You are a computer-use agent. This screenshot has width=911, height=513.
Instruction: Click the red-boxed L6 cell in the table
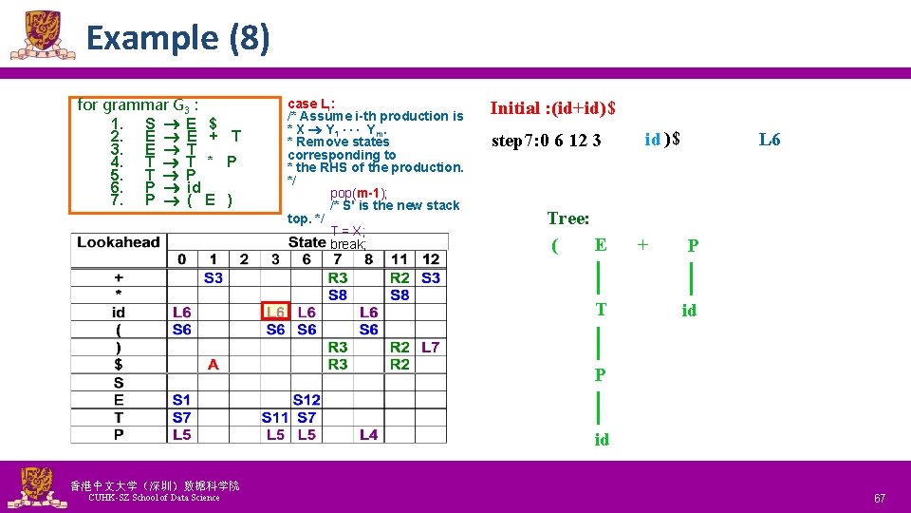coord(275,313)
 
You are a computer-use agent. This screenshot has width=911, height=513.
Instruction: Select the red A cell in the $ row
coord(214,364)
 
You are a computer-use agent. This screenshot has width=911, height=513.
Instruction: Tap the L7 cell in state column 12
coord(430,347)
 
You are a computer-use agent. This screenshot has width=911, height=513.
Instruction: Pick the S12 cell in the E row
coord(307,400)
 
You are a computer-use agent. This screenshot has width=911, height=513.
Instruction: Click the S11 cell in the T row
coord(275,417)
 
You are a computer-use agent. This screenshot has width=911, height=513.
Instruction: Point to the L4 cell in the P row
coord(368,434)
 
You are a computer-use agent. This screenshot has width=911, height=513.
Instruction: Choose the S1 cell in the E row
coord(182,400)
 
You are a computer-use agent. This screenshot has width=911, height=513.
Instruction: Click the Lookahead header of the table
coord(119,242)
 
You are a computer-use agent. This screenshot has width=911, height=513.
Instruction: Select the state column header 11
coord(400,259)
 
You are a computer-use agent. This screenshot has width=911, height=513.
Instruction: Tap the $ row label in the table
coord(119,364)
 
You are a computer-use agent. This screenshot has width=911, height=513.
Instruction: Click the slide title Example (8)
coord(177,39)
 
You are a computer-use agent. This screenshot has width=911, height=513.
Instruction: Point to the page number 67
coord(880,498)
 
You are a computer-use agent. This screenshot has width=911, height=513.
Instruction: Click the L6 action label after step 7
coord(770,140)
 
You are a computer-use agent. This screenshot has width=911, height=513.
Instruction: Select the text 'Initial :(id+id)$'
coord(552,108)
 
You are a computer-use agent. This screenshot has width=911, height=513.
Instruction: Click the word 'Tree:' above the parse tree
coord(568,218)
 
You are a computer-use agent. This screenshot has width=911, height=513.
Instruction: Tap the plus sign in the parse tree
coord(643,244)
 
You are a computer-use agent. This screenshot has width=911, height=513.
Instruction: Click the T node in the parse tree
coord(600,310)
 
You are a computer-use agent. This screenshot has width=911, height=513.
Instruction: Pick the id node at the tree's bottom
coord(602,440)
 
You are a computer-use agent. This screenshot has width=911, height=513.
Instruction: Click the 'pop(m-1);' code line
coord(359,193)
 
